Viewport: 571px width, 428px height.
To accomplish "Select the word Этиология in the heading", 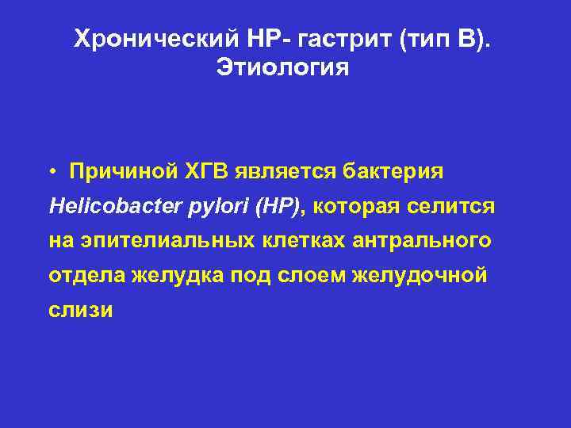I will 282,68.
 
